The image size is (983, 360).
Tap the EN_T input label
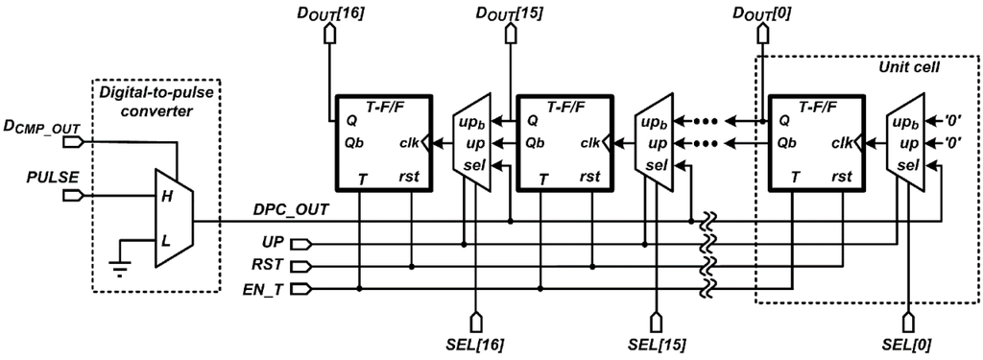(x=266, y=288)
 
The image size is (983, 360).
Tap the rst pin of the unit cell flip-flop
(x=840, y=179)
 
